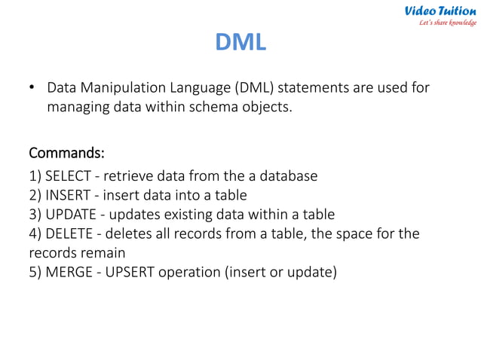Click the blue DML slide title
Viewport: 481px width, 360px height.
point(240,42)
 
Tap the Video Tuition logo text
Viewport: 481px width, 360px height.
point(440,11)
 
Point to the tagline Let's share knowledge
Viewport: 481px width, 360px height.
point(448,23)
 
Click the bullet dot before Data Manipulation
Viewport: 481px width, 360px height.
point(32,88)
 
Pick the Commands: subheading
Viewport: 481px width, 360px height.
point(66,154)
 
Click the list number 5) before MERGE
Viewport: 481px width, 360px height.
point(35,271)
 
